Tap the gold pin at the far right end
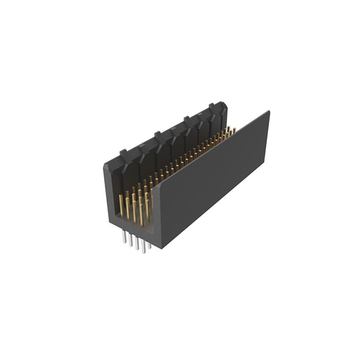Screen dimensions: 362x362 pos(233,131)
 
